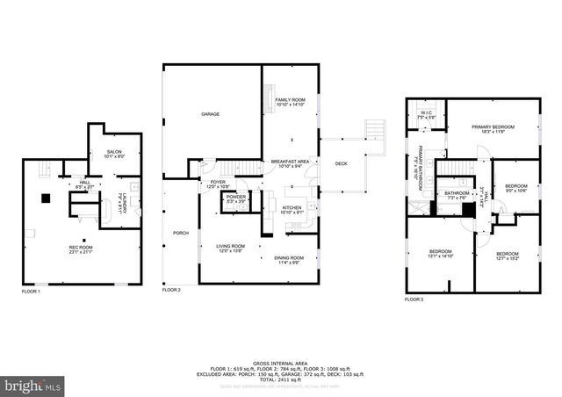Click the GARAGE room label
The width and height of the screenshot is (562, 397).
point(210,114)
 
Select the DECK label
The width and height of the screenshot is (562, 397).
point(341,163)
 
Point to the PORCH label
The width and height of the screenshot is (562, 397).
point(181,233)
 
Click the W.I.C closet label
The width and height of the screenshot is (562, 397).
point(426,112)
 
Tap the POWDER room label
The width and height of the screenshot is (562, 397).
point(236,197)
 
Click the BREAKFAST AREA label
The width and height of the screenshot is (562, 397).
point(290,162)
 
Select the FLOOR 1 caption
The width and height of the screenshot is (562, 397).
point(32,291)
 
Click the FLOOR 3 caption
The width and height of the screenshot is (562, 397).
point(414,300)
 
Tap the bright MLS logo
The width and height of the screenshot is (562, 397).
point(33,385)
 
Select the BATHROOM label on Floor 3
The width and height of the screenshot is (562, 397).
point(457,195)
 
